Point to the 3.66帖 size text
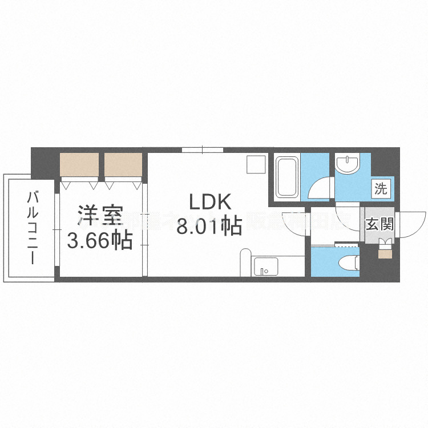[x=100, y=240]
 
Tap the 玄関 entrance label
[x=379, y=224]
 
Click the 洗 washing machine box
[x=381, y=188]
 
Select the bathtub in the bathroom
[x=286, y=177]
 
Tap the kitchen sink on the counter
[x=265, y=266]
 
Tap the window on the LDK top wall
[x=202, y=150]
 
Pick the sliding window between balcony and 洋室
[x=57, y=228]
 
